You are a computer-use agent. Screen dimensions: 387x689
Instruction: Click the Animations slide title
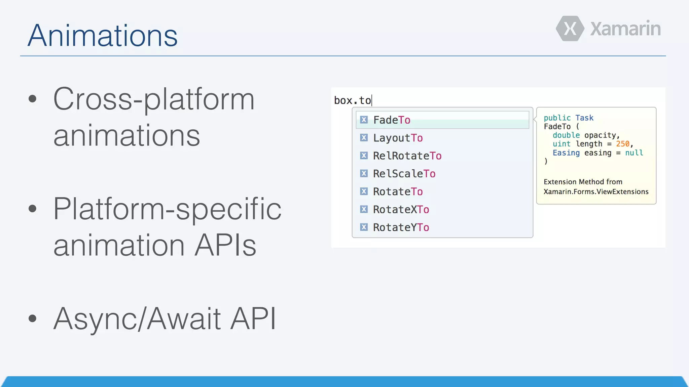102,36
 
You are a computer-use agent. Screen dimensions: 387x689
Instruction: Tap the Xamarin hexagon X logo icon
570,29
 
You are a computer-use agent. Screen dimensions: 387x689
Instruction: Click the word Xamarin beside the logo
625,29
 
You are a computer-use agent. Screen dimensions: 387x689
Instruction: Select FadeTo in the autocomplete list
392,120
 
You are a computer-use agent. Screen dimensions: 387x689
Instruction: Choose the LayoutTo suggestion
398,138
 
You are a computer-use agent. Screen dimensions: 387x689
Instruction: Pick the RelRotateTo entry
407,156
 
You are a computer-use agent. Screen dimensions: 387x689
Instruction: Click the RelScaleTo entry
404,174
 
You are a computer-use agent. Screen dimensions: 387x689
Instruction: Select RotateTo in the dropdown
398,191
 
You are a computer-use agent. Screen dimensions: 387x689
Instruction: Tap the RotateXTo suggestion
401,210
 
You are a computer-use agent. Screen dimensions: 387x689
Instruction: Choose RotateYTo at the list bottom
401,227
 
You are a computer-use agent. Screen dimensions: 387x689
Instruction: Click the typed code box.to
352,100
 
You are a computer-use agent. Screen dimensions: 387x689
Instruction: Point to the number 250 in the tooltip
622,144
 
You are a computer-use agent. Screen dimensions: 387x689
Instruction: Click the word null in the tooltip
634,153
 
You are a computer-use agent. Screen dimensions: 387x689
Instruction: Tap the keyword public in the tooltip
557,118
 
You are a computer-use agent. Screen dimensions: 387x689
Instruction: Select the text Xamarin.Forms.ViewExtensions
596,191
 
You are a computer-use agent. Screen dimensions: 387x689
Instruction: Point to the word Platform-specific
167,209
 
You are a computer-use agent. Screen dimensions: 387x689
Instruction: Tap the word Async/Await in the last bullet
137,318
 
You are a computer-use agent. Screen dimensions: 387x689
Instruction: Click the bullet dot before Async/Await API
32,318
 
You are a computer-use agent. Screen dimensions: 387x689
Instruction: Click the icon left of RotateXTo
364,209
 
